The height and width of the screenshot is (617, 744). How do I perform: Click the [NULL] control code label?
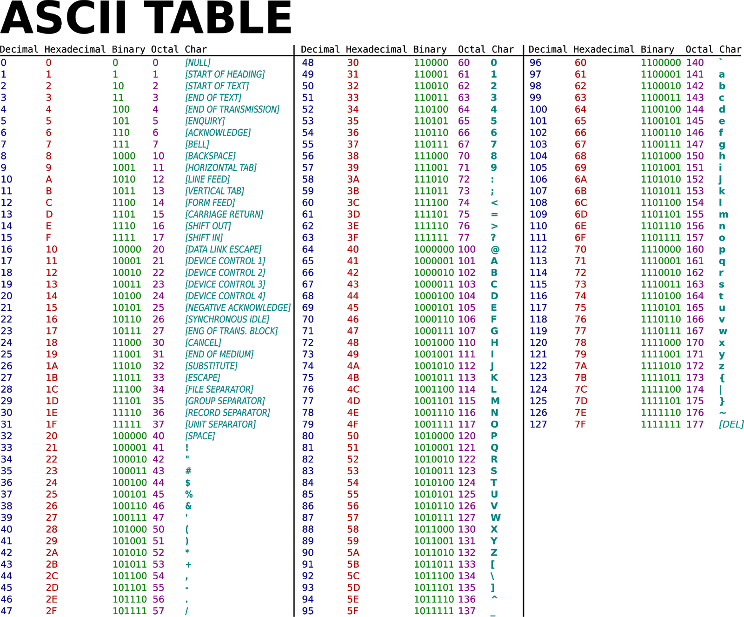(198, 63)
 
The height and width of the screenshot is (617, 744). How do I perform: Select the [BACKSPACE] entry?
(210, 156)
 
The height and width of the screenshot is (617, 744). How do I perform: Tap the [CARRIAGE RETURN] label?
(224, 215)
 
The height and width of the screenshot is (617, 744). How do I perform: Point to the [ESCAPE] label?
(203, 378)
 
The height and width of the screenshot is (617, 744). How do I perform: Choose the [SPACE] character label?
(200, 436)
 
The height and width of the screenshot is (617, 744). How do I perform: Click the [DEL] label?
(731, 424)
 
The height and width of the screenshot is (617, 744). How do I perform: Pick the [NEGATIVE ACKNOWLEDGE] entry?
(238, 308)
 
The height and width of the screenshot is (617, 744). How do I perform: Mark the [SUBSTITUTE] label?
(211, 366)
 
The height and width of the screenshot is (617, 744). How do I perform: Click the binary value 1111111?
(660, 424)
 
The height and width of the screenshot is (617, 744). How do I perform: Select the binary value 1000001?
(434, 261)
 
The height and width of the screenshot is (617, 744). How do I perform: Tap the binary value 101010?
(129, 553)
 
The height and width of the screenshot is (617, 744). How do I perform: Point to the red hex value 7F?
(580, 424)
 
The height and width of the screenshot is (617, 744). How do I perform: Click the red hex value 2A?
(52, 553)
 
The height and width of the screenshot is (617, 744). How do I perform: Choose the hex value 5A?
(353, 553)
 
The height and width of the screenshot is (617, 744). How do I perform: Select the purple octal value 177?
(695, 424)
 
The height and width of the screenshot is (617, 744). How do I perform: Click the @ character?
(495, 249)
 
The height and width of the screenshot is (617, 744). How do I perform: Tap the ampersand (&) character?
(188, 506)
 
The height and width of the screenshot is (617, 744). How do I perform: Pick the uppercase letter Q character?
(494, 448)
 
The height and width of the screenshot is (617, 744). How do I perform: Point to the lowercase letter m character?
(723, 215)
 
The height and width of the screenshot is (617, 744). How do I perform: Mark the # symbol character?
(188, 471)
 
